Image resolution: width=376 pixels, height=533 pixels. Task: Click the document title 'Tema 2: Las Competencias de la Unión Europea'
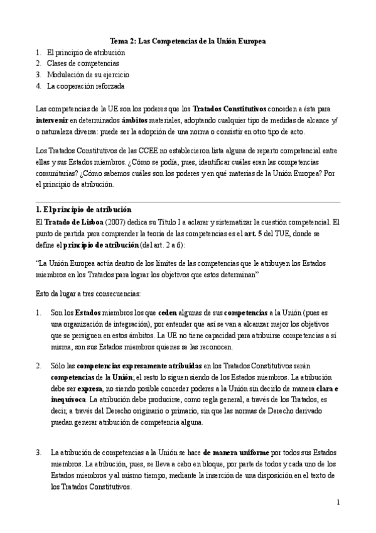click(188, 40)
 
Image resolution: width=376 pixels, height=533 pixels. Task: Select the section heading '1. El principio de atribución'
click(83, 208)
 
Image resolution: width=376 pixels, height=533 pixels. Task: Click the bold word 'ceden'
click(167, 313)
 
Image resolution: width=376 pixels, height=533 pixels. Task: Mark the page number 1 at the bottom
click(338, 502)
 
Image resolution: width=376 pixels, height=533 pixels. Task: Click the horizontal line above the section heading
click(188, 202)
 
